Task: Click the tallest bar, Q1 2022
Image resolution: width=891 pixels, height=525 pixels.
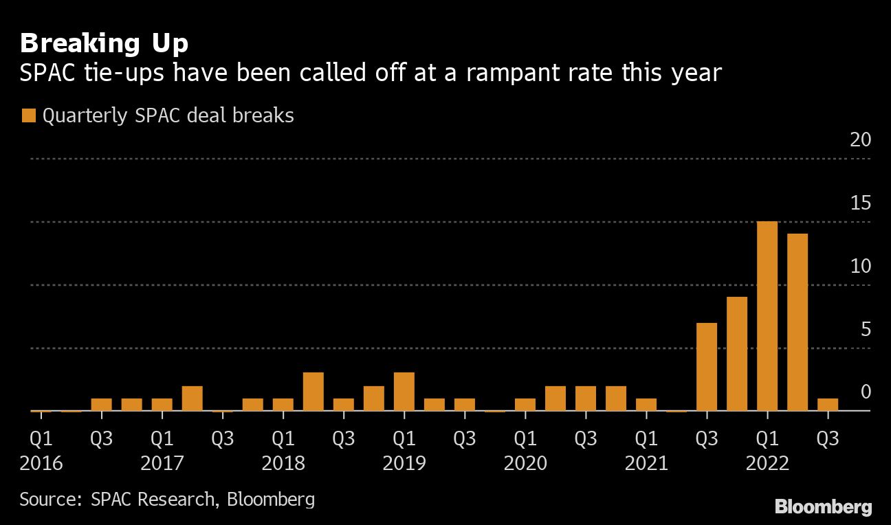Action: pos(767,316)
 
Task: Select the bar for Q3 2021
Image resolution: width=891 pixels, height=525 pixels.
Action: pos(707,367)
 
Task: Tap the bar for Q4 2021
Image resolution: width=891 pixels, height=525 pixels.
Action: pos(737,354)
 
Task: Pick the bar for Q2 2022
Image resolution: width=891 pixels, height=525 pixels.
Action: pos(797,322)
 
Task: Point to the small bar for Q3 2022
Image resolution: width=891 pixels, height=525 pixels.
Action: pos(828,405)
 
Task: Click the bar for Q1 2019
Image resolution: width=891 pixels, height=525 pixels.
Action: pos(404,392)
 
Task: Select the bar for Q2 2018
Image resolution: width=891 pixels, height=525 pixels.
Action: pos(313,392)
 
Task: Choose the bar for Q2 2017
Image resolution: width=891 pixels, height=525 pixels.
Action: pos(192,399)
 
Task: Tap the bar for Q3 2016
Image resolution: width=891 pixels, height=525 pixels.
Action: pos(102,405)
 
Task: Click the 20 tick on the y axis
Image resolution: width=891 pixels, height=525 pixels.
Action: pos(861,140)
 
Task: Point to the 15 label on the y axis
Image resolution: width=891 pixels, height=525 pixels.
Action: pos(861,203)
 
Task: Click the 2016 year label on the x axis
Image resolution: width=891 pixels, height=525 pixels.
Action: pos(41,463)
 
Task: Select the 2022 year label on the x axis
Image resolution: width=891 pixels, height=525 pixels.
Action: pos(767,463)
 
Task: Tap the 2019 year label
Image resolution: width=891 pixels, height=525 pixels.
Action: pos(404,463)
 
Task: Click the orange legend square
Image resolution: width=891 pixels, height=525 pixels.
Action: pos(28,116)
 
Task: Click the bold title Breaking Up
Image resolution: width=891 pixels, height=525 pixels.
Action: pos(104,44)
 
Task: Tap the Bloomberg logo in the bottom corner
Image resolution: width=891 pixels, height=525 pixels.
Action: pos(824,508)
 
